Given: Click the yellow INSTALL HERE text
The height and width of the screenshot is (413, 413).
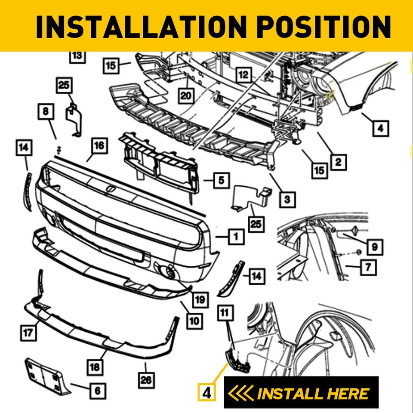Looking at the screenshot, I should click(313, 393).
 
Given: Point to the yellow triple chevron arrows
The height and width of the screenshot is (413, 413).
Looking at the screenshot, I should click(241, 393).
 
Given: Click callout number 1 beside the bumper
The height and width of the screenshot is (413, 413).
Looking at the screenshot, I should click(236, 236).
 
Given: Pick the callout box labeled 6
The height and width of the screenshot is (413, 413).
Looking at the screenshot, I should click(97, 391).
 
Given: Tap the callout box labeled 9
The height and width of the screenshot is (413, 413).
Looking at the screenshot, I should click(374, 247).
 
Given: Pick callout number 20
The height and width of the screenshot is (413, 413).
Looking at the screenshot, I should click(185, 96).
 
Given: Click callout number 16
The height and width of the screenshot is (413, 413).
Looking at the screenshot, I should click(99, 145).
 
